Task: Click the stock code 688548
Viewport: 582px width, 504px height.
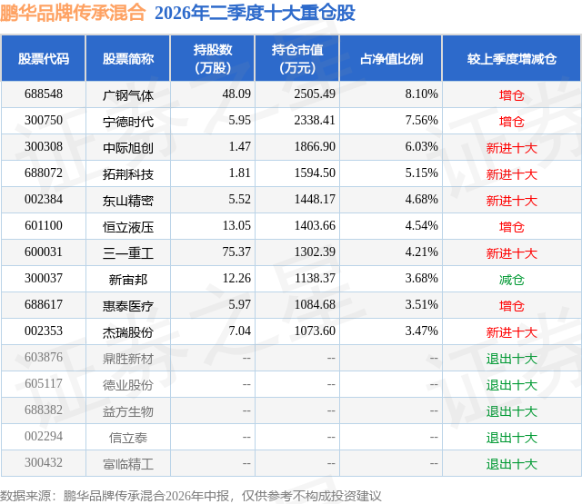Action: tap(44, 94)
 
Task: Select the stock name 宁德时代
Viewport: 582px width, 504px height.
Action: tap(128, 122)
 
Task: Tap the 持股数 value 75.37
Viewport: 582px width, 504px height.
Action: tap(236, 252)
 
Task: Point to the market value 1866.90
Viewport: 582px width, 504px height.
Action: tap(315, 147)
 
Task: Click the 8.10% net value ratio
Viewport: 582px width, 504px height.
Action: tap(421, 94)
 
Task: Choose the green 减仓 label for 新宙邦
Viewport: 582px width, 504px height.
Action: tap(511, 280)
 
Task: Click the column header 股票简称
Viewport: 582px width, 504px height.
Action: tap(128, 59)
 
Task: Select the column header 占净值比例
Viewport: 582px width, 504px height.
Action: tap(391, 59)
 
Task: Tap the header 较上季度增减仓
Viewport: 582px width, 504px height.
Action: tap(512, 59)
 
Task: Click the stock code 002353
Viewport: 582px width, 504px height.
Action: tap(44, 331)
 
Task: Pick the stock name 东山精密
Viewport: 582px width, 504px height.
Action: tap(128, 201)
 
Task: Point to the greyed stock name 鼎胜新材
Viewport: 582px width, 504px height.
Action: tap(128, 359)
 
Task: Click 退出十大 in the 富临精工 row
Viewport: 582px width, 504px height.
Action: tap(512, 464)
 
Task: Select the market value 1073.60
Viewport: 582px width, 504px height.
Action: tap(315, 331)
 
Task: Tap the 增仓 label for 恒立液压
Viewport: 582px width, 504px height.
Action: tap(511, 227)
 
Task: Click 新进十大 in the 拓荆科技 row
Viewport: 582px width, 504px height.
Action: tap(512, 174)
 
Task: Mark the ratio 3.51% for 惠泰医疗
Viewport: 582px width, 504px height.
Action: tap(421, 304)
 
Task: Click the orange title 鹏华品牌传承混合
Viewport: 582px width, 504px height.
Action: tap(73, 13)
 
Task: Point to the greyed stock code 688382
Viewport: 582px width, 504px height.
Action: tap(44, 410)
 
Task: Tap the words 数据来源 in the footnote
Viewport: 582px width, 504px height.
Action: tap(25, 496)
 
